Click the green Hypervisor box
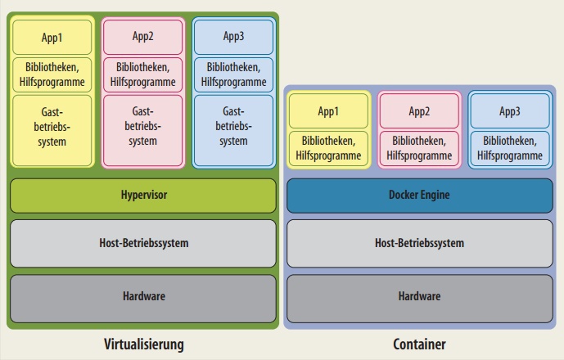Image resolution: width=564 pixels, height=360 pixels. click(143, 196)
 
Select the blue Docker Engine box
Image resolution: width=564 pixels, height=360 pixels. click(419, 196)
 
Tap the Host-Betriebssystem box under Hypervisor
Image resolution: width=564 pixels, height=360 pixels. click(143, 243)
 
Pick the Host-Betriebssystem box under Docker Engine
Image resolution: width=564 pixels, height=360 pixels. click(419, 243)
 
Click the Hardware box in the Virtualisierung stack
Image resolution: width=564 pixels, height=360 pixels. click(143, 296)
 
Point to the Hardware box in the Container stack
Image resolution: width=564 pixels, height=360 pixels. click(419, 296)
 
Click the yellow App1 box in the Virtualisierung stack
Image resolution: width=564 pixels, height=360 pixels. click(52, 37)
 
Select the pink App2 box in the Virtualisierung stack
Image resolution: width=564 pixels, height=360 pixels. click(142, 37)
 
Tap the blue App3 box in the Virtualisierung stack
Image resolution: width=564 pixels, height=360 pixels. click(233, 37)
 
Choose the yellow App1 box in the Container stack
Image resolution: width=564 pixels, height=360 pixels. click(328, 110)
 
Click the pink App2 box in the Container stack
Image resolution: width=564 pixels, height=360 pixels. click(419, 110)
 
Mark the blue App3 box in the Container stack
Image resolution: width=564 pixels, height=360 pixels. click(509, 110)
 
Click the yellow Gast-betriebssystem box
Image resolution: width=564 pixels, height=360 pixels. click(52, 130)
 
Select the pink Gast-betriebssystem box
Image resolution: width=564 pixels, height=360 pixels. click(142, 130)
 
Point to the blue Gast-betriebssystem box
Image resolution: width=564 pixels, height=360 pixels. click(233, 130)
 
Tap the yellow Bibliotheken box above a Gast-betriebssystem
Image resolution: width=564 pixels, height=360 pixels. click(52, 74)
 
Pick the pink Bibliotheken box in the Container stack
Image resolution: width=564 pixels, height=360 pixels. click(419, 147)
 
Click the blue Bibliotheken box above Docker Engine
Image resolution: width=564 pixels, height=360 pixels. click(509, 147)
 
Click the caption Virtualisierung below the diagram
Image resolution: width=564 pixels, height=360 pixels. click(144, 344)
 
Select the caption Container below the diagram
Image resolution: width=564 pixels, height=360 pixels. click(418, 344)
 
